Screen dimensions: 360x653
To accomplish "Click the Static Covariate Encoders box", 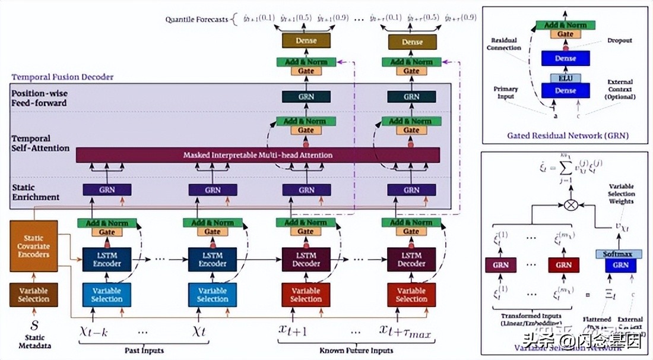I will [33, 246].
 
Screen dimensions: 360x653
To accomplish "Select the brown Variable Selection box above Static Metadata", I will [33, 295].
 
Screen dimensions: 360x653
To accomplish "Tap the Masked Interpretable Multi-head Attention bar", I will [258, 155].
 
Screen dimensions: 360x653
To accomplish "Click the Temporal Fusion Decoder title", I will [63, 77].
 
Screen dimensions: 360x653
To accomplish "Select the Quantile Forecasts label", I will [196, 20].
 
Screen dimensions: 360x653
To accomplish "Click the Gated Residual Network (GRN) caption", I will [568, 135].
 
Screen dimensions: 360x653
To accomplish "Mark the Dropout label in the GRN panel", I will [620, 41].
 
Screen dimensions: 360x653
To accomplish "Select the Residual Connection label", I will [505, 44].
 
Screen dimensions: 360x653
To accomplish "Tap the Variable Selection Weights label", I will [621, 194].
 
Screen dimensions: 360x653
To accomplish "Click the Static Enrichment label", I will [36, 192].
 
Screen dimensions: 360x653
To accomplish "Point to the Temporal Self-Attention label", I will [40, 143].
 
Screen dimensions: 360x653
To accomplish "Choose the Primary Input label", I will [506, 93].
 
